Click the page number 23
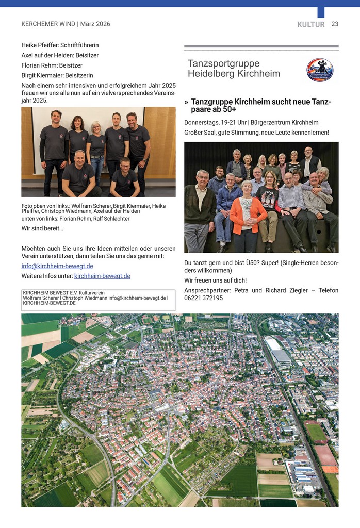pos(335,24)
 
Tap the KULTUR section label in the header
pos(311,24)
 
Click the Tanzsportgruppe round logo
pos(320,70)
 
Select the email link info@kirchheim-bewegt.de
pos(57,266)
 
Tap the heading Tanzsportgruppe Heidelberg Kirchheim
pos(234,69)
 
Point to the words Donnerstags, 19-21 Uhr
pos(215,122)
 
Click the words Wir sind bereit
pos(42,228)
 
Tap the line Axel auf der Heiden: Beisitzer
pos(60,55)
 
